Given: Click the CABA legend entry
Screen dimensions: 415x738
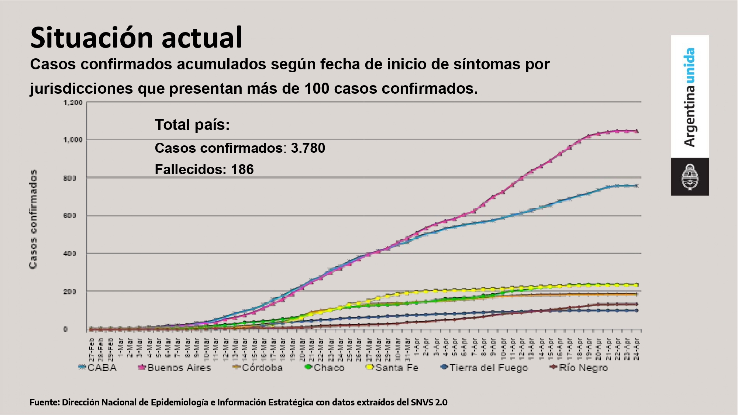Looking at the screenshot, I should (x=98, y=367).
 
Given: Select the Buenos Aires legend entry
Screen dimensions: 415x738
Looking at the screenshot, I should (x=175, y=367).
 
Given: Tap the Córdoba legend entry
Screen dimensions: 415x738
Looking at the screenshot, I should (x=258, y=367).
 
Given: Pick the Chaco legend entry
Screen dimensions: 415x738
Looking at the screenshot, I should (x=325, y=367).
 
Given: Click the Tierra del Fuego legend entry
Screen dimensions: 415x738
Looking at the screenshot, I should (x=484, y=367).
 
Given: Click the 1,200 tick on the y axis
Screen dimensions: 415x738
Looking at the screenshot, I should (x=73, y=103).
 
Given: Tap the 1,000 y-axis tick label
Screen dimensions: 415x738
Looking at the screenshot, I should (x=73, y=140).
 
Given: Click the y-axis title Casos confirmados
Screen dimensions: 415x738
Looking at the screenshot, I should (x=33, y=219).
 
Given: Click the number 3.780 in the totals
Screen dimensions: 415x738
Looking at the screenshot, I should (x=308, y=148).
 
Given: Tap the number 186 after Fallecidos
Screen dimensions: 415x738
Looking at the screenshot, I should (x=242, y=170).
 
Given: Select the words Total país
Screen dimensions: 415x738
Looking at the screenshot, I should (x=192, y=125).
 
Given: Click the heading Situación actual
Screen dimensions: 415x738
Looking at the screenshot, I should (x=136, y=38).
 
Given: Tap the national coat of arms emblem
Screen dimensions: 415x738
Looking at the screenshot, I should (x=689, y=177).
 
